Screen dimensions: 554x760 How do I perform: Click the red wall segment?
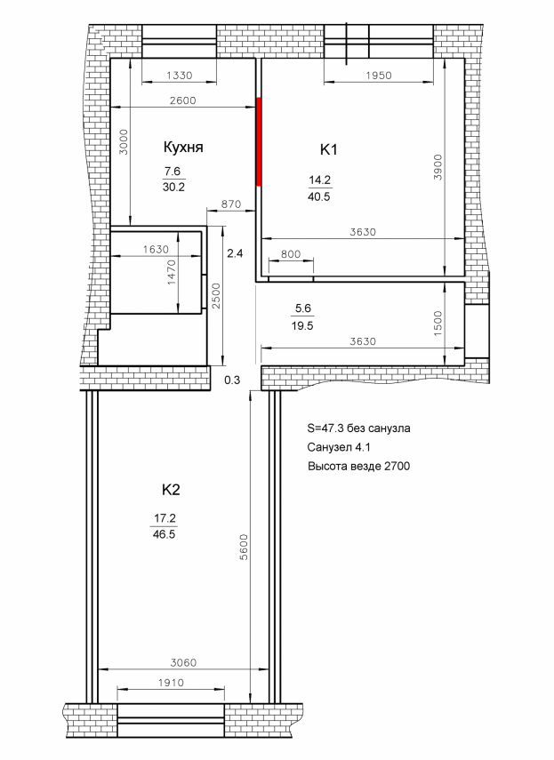point(259,141)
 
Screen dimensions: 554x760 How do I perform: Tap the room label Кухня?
point(183,148)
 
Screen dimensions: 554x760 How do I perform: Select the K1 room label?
point(328,149)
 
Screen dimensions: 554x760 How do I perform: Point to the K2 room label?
point(171,490)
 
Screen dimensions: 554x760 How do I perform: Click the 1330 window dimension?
point(180,76)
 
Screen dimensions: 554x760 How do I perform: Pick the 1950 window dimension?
point(379,76)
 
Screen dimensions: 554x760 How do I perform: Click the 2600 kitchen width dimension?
point(182,100)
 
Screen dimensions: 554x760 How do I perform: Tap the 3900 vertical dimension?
point(438,167)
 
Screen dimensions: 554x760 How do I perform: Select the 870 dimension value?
point(230,204)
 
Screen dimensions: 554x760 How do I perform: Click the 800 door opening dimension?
point(290,254)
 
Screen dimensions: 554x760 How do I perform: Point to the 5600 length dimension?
point(244,548)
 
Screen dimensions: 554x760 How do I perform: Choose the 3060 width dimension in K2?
point(184,662)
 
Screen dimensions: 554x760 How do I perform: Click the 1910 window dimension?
point(171,683)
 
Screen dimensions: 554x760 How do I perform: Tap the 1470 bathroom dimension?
point(172,272)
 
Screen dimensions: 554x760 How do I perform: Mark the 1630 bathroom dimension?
point(157,249)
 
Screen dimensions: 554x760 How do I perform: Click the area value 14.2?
point(320,180)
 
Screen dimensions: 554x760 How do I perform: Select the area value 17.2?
point(165,518)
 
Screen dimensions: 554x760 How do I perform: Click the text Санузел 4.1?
point(340,447)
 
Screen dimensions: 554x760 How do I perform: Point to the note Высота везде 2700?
point(358,466)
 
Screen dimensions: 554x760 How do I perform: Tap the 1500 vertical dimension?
point(438,324)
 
